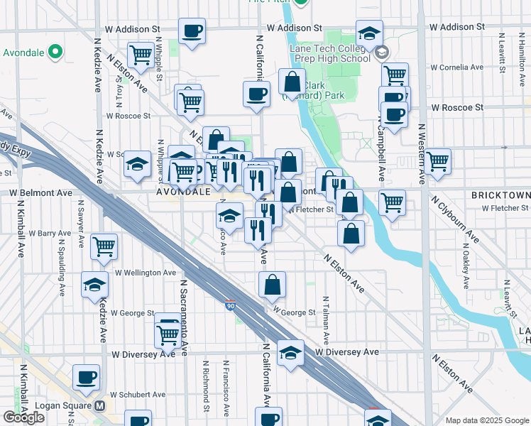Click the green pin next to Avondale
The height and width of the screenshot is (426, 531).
coord(54,52)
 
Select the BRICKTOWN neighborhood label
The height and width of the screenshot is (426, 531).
coord(501,195)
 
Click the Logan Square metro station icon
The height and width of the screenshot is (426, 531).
coord(100,406)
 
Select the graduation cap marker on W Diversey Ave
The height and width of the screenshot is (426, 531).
coord(290,353)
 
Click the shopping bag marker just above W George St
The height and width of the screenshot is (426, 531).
coord(272,285)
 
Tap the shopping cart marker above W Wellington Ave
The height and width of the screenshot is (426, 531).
coord(104,247)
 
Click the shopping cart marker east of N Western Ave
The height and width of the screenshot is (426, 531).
coord(437,161)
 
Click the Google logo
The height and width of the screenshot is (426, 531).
coord(23,417)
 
